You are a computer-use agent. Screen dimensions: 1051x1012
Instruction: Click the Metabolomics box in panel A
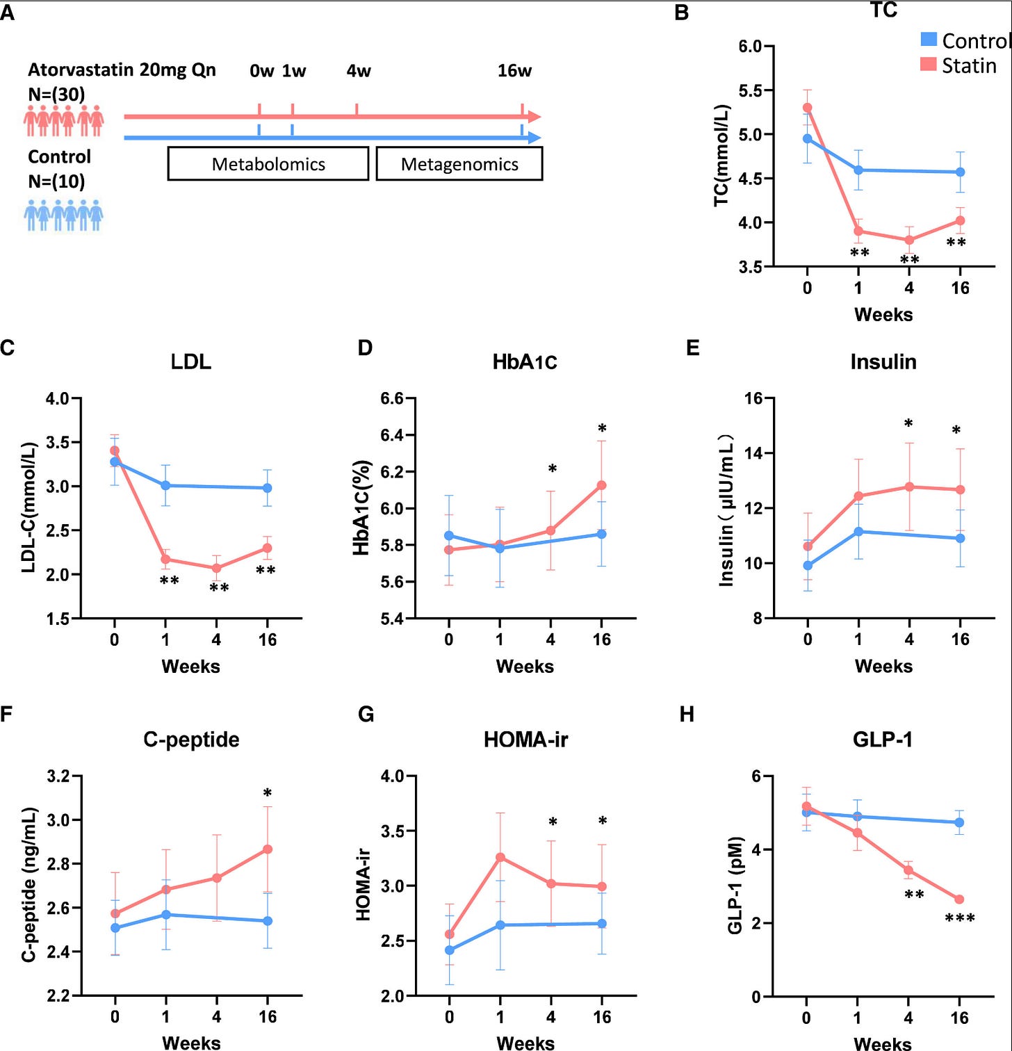268,164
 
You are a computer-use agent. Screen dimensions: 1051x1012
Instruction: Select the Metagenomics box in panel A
459,164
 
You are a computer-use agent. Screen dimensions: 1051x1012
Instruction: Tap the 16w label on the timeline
514,71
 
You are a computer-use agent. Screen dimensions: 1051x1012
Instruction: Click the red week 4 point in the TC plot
909,241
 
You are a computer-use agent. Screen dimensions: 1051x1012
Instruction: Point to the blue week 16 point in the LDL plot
268,488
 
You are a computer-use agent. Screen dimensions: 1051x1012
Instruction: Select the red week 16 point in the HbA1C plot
602,485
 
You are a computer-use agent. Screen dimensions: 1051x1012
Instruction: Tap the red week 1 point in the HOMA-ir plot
500,857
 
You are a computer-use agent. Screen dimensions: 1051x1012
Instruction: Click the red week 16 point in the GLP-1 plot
959,899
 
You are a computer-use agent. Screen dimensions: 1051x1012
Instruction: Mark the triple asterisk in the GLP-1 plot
960,919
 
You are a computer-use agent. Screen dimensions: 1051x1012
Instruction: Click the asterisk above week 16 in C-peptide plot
268,793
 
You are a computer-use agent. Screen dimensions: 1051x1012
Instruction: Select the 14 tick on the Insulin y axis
754,453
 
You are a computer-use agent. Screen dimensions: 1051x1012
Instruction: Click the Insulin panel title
883,362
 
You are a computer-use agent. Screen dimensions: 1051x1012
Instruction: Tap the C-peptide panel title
191,740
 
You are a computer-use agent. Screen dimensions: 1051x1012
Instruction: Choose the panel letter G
366,715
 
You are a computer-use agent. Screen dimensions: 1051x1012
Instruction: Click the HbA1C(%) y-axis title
361,508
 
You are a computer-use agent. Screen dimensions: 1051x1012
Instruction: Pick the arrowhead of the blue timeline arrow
534,138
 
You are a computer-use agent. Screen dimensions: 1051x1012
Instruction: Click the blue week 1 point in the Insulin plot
858,532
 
